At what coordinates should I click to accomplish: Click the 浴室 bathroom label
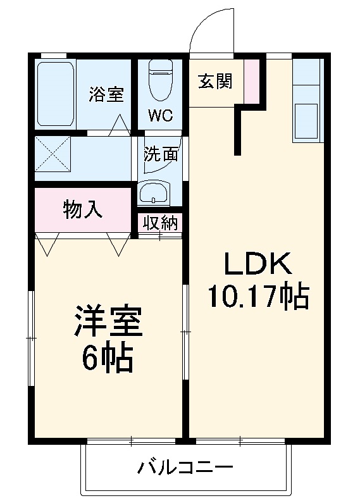106,95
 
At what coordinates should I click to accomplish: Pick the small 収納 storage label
160,223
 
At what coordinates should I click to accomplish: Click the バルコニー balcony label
185,469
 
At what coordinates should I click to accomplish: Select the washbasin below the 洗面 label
154,192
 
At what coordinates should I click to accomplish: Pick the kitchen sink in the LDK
309,121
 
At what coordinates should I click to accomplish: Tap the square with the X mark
53,153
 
